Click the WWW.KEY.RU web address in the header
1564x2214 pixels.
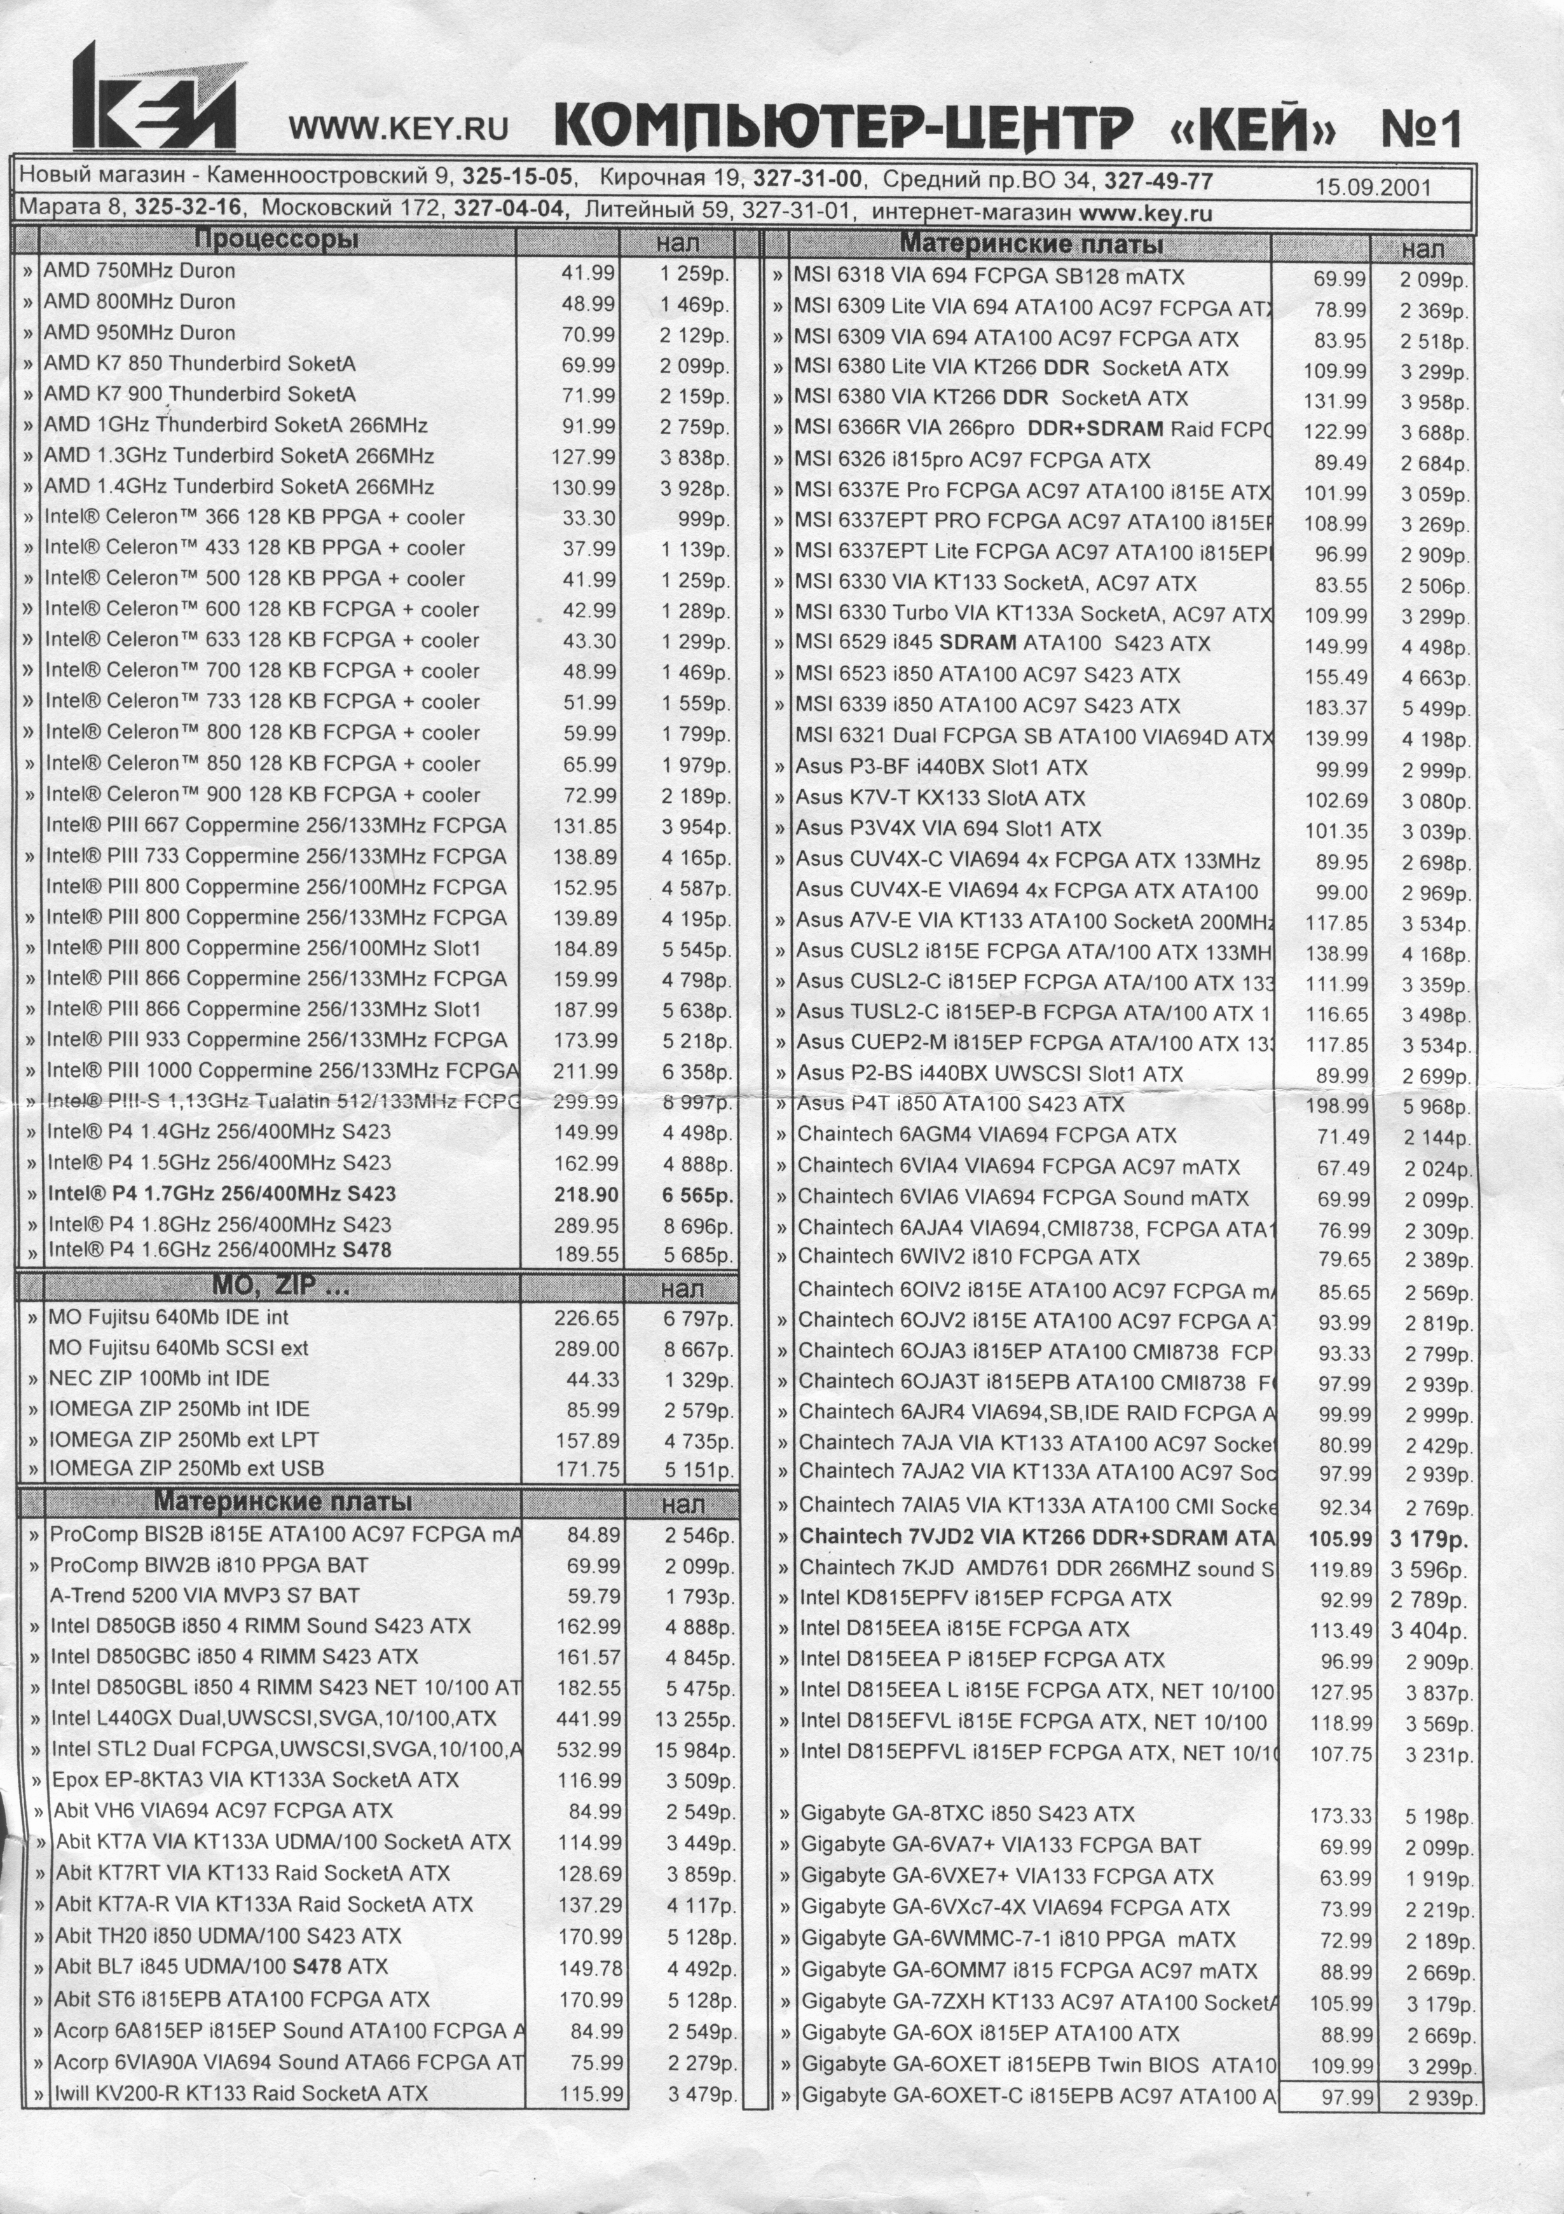tap(398, 128)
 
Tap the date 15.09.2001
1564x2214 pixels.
tap(1373, 187)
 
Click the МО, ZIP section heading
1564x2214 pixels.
tap(280, 1285)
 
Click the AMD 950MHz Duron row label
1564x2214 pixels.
tap(139, 332)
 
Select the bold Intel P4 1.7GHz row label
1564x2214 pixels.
tap(222, 1194)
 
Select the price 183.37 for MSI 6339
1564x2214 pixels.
tap(1336, 707)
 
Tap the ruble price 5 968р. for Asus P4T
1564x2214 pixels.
tap(1436, 1107)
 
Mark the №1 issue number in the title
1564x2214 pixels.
tap(1422, 128)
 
